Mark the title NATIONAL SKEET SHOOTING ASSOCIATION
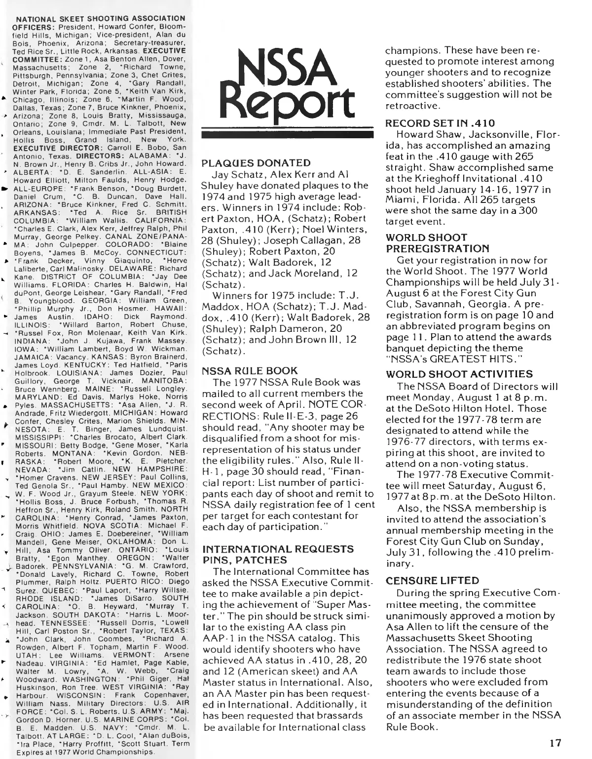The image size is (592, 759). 101,19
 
